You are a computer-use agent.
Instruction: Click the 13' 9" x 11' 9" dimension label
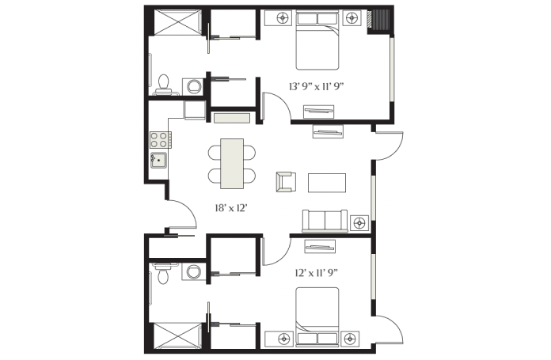(316, 87)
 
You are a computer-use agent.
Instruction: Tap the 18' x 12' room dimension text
(232, 208)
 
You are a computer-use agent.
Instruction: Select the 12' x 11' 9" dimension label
(317, 273)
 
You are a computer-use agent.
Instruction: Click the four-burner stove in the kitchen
(160, 139)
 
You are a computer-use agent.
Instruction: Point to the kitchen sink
(158, 161)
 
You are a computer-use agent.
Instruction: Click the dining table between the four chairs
(232, 164)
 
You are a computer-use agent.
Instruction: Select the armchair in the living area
(286, 182)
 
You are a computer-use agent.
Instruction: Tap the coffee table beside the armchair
(327, 183)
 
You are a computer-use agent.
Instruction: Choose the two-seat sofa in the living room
(325, 221)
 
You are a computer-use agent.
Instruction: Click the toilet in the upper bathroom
(163, 85)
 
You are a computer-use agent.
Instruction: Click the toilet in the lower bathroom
(163, 273)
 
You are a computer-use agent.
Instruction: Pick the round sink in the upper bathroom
(194, 86)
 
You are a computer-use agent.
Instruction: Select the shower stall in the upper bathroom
(178, 22)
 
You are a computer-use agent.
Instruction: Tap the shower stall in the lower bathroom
(178, 336)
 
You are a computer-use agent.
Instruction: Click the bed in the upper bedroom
(317, 40)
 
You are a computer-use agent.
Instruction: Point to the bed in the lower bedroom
(317, 317)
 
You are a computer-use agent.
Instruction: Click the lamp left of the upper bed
(283, 18)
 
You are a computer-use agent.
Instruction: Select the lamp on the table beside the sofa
(359, 223)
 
